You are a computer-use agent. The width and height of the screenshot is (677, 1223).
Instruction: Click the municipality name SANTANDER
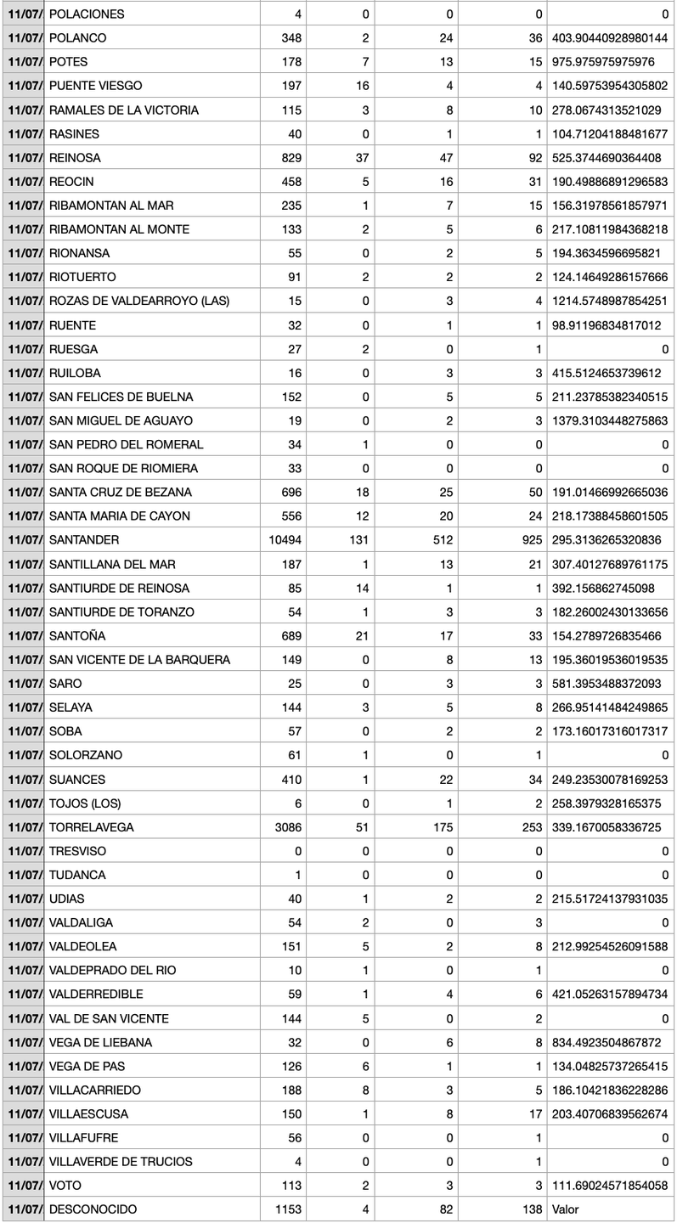(x=84, y=540)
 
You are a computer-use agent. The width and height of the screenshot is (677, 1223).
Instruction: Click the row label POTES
(x=68, y=62)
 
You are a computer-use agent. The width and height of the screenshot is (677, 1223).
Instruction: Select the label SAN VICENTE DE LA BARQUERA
(x=139, y=660)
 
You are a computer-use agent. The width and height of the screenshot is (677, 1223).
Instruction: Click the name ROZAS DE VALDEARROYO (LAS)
(x=139, y=302)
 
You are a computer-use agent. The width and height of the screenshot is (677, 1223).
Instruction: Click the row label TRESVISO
(x=78, y=851)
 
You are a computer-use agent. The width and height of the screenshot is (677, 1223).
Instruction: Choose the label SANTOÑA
(x=77, y=636)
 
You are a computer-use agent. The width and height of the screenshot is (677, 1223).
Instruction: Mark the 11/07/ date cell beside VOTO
(x=23, y=1185)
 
